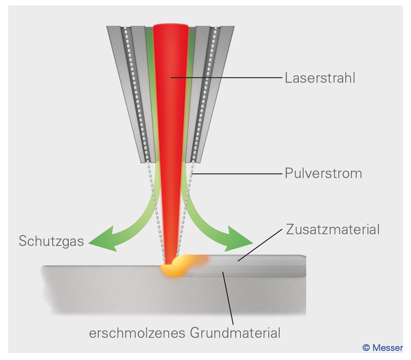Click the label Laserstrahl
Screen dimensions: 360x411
point(320,78)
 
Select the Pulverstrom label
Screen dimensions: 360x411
point(323,174)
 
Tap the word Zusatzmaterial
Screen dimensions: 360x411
point(333,229)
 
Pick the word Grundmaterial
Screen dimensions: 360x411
point(235,334)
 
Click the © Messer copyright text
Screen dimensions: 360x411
point(382,348)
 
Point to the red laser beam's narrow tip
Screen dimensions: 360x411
point(170,255)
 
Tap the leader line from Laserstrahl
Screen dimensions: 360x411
point(226,78)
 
